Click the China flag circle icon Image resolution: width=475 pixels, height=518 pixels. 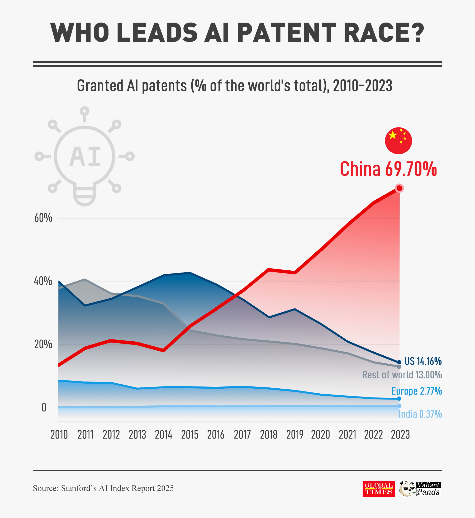(398, 141)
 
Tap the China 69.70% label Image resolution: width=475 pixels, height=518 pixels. (388, 169)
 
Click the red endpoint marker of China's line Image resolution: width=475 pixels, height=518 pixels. (399, 188)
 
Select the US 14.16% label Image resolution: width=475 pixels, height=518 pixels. (423, 361)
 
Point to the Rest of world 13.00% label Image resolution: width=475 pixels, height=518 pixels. (402, 375)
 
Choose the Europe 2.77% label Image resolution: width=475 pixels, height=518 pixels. (416, 391)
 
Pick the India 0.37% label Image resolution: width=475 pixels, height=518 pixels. (420, 414)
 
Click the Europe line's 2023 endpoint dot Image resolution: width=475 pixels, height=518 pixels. (399, 399)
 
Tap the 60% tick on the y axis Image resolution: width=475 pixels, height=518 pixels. (43, 218)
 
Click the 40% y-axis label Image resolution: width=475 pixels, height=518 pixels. (43, 281)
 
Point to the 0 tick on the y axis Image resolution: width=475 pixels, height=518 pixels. (44, 408)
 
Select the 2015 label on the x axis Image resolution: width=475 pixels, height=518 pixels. (190, 435)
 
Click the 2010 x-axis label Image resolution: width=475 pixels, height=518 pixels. (59, 435)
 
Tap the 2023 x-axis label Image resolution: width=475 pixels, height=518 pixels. (400, 435)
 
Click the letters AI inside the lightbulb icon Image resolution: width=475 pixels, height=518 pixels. (85, 156)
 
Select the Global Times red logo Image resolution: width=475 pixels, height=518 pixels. (379, 489)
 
